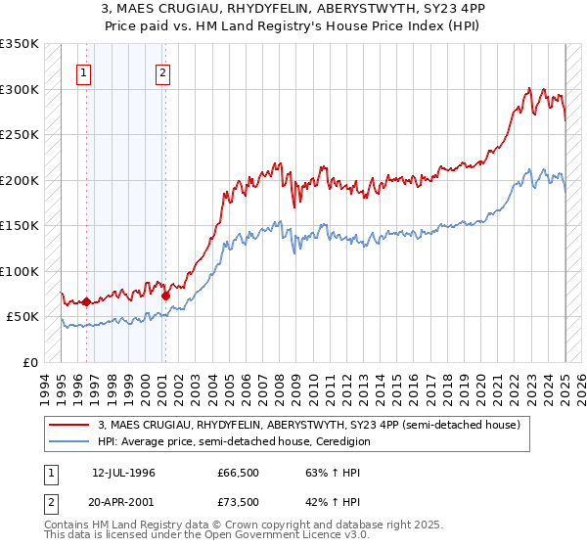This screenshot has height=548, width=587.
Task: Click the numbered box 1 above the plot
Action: pos(84,71)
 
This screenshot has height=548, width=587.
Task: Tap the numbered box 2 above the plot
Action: pos(162,71)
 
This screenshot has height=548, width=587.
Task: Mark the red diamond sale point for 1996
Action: pos(86,302)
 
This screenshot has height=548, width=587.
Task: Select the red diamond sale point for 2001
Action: pos(165,296)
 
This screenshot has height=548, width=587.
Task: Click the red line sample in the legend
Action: pos(69,424)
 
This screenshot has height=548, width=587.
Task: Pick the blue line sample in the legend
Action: pos(69,441)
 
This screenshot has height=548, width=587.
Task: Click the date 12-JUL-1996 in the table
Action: pos(124,473)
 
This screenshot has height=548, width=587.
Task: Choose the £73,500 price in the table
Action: pos(239,502)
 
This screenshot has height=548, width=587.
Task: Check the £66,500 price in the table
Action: pos(239,473)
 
